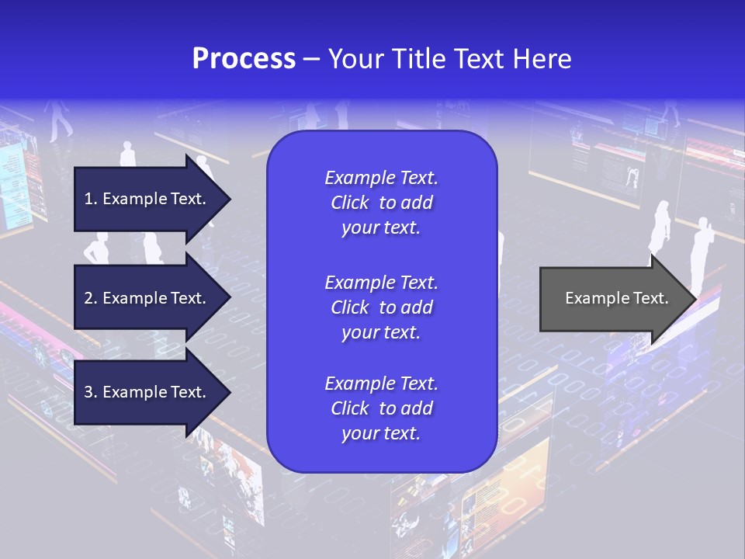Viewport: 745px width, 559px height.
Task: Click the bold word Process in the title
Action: tap(244, 59)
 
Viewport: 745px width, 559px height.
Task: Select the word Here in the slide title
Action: tap(541, 59)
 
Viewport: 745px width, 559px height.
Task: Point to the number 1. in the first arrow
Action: tap(91, 199)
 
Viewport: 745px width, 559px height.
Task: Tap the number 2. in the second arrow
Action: tap(91, 298)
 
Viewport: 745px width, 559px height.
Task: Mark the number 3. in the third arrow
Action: tap(91, 392)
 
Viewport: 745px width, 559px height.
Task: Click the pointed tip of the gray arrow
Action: tap(693, 299)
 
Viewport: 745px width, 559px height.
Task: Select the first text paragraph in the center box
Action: tap(381, 203)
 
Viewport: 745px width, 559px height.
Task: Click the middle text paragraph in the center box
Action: tap(381, 307)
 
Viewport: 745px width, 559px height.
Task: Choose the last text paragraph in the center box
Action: tap(381, 408)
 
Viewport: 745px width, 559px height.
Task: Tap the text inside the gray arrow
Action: tap(617, 298)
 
